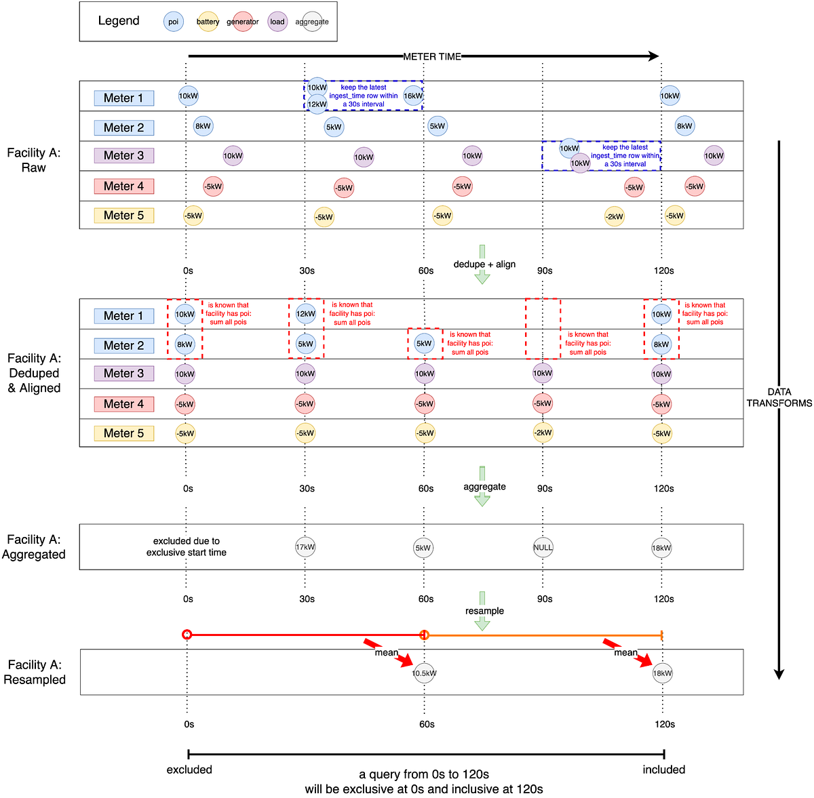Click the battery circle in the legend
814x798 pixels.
(208, 22)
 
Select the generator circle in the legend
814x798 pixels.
(243, 22)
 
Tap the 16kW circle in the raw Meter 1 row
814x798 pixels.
(413, 96)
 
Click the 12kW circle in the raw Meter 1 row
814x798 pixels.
(317, 104)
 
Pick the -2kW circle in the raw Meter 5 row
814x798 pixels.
(615, 216)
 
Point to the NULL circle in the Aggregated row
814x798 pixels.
(543, 547)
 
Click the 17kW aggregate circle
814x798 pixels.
(305, 547)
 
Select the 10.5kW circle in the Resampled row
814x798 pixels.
(424, 673)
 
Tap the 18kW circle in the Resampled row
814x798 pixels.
(662, 673)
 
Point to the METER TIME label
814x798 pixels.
(432, 56)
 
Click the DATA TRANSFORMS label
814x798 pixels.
(779, 397)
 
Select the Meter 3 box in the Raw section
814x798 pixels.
(124, 156)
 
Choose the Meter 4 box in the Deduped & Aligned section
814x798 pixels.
(124, 404)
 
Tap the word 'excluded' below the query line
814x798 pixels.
(189, 770)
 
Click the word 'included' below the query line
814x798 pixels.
(663, 770)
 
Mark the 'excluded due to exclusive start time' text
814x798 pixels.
(187, 546)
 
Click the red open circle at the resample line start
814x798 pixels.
(187, 635)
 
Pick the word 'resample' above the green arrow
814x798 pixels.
(484, 611)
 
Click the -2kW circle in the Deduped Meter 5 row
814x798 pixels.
(543, 433)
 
